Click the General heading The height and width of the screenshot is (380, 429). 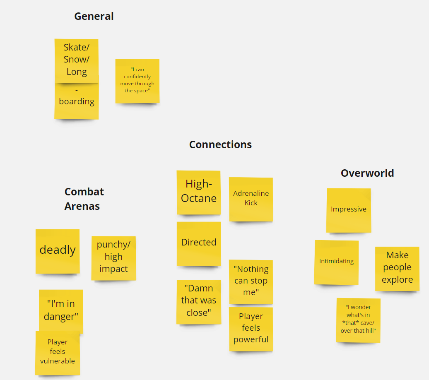(94, 16)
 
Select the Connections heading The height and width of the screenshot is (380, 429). (220, 144)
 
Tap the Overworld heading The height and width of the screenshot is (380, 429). (367, 173)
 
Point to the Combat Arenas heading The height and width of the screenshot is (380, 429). (84, 199)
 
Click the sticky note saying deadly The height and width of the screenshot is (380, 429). (58, 251)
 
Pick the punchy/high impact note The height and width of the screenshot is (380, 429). (113, 258)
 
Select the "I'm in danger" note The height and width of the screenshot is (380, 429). (61, 310)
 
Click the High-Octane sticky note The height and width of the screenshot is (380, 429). (199, 192)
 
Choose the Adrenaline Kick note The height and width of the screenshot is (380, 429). (251, 200)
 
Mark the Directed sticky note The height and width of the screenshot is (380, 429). (199, 244)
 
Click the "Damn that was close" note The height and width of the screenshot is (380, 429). (199, 302)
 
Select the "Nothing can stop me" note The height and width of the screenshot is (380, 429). (251, 282)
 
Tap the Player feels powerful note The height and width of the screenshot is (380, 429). (251, 329)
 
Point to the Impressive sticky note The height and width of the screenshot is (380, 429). (349, 210)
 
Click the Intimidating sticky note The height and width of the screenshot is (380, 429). (336, 262)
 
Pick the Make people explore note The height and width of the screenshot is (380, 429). (397, 269)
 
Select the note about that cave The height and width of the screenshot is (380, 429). (358, 320)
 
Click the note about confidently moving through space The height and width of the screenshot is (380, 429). (137, 81)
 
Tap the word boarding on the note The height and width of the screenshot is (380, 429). (77, 101)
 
